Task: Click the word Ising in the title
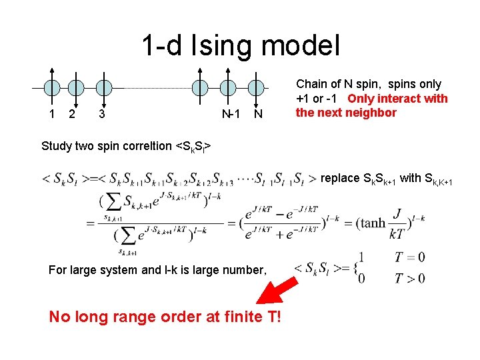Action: pyautogui.click(x=224, y=46)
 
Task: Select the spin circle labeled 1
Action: pyautogui.click(x=52, y=87)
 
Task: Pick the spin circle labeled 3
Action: pyautogui.click(x=101, y=87)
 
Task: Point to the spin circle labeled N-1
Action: pyautogui.click(x=229, y=87)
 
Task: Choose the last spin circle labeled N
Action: pyautogui.click(x=256, y=87)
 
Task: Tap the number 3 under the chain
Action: pyautogui.click(x=101, y=114)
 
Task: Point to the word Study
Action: pyautogui.click(x=57, y=145)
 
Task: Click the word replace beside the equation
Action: pyautogui.click(x=341, y=178)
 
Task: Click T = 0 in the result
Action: pyautogui.click(x=409, y=257)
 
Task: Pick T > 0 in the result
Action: pyautogui.click(x=409, y=277)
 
